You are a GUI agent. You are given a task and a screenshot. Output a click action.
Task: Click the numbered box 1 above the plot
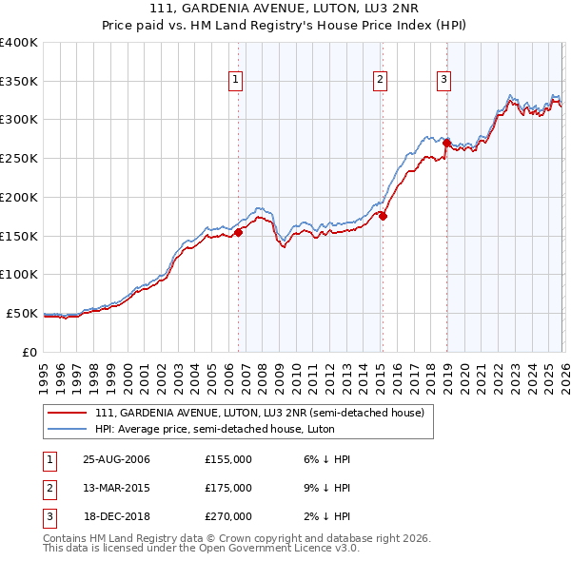[235, 81]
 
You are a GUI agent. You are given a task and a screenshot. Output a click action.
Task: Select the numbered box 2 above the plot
[380, 81]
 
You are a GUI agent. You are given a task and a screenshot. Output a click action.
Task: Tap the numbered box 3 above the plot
[443, 81]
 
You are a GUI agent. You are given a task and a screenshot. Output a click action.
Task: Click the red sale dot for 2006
[239, 232]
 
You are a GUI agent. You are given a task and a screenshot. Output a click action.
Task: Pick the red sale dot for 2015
[383, 216]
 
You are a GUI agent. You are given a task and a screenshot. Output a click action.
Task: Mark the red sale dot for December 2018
[446, 143]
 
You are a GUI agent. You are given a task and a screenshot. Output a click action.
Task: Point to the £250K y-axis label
[19, 159]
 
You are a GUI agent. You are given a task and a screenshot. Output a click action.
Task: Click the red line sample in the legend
[68, 413]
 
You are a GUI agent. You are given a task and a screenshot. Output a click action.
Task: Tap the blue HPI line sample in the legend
[68, 429]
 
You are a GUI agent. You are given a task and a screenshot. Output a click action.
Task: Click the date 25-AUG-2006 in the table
[116, 459]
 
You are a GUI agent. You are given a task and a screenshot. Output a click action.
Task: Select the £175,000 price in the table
[227, 488]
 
